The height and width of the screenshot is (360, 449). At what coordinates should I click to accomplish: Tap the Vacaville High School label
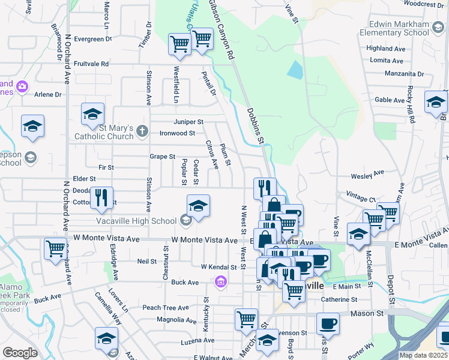(147, 221)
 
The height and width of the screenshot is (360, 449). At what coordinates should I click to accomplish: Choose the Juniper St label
(189, 122)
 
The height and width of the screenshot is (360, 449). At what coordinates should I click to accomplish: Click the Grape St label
(162, 157)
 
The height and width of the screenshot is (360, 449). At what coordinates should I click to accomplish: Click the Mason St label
(371, 313)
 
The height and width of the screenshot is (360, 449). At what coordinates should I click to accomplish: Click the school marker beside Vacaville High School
(198, 206)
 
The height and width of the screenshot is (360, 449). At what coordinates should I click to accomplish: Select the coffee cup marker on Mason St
(328, 324)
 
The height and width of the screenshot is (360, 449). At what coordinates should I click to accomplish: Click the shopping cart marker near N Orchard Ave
(55, 247)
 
